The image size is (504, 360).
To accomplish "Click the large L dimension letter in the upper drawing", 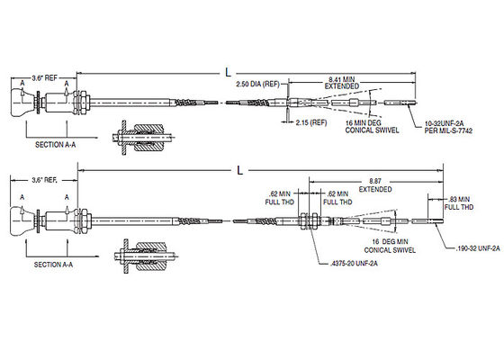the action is click(x=228, y=73).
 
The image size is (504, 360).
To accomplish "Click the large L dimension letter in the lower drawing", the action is click(x=239, y=170).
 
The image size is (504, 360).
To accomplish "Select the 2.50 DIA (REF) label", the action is click(x=257, y=85).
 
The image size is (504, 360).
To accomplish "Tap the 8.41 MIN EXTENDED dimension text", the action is click(x=342, y=83).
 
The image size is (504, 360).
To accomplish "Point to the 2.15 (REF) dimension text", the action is click(x=311, y=122).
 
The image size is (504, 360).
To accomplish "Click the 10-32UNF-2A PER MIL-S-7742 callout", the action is click(x=448, y=127).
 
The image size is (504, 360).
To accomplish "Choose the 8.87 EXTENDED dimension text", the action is click(x=375, y=185).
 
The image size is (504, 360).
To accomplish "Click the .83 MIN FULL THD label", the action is click(x=459, y=203).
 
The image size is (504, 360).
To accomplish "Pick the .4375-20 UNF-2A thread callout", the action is click(x=354, y=264).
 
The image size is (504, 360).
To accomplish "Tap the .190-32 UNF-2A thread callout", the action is click(x=478, y=248).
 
